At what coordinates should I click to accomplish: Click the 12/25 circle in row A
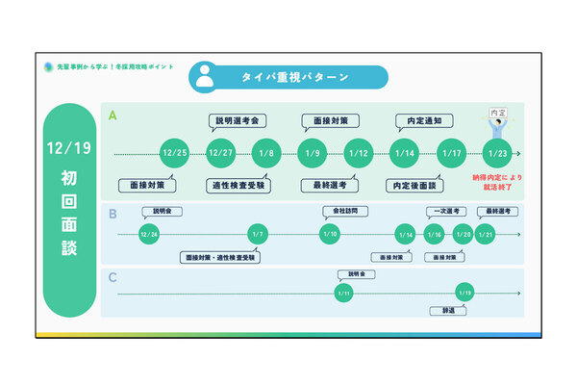pos(174,154)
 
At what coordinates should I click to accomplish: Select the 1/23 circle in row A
pos(497,154)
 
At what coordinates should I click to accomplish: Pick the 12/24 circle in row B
pos(148,234)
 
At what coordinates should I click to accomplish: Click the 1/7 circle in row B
pos(256,234)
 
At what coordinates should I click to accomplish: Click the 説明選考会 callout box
pos(235,122)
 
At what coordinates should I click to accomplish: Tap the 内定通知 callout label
pos(419,122)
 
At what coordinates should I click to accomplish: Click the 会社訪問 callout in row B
pos(338,211)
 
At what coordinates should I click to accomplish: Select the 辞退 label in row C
pos(448,311)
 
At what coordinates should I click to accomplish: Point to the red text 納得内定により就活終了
pos(496,183)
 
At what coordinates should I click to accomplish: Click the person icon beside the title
pos(204,77)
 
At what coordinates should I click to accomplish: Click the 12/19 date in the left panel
pos(68,150)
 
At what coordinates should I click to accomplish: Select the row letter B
pos(113,214)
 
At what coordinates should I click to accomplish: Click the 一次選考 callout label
pos(444,211)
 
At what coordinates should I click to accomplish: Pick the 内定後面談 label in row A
pos(414,185)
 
